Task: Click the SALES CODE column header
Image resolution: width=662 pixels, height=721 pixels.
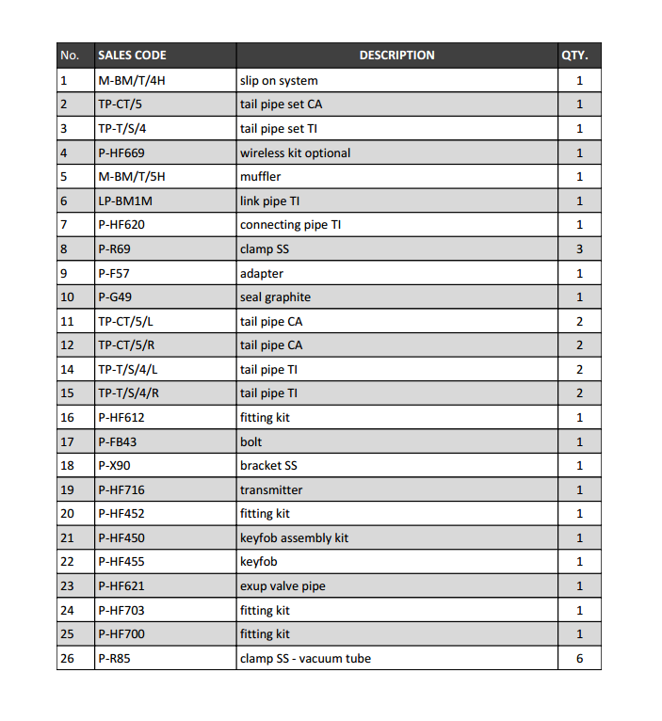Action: click(132, 56)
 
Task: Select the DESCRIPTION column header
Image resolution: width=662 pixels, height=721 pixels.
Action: click(396, 56)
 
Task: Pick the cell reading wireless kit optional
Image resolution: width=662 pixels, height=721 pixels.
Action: click(295, 152)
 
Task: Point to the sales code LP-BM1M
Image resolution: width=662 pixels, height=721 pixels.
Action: click(126, 200)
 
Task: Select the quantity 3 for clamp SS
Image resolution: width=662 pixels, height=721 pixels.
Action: click(579, 248)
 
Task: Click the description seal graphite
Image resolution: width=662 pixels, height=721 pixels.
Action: click(275, 297)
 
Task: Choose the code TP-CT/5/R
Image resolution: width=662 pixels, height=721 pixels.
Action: click(126, 345)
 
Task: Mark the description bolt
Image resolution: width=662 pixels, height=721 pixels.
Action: click(250, 441)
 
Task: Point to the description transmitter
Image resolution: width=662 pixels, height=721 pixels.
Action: click(271, 489)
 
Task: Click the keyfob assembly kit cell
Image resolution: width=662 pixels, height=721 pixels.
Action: click(294, 537)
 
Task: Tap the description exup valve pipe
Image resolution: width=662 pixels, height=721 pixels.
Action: click(283, 585)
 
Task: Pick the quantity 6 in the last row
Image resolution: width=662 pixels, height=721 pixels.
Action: click(579, 658)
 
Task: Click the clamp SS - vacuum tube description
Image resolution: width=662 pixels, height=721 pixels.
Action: click(305, 658)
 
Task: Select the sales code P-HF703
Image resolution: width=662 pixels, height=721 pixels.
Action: click(121, 610)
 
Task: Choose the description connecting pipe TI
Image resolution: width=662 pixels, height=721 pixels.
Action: click(290, 224)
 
